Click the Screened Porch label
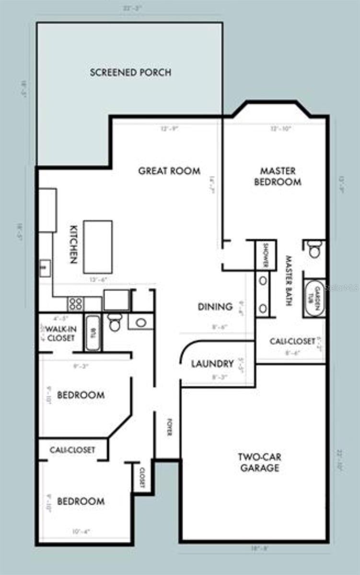coord(130,73)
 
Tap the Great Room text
coord(169,171)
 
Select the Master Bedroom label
coord(278,176)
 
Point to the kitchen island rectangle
coord(98,247)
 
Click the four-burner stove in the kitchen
coord(76,303)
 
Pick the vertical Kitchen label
coord(73,244)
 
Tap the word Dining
coord(215,307)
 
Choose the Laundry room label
coord(212,364)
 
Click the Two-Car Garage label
coord(258,462)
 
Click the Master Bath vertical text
coord(289,280)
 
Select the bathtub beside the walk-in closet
coord(93,333)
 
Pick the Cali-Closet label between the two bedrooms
coord(72,450)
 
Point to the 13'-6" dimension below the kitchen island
coord(97,279)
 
